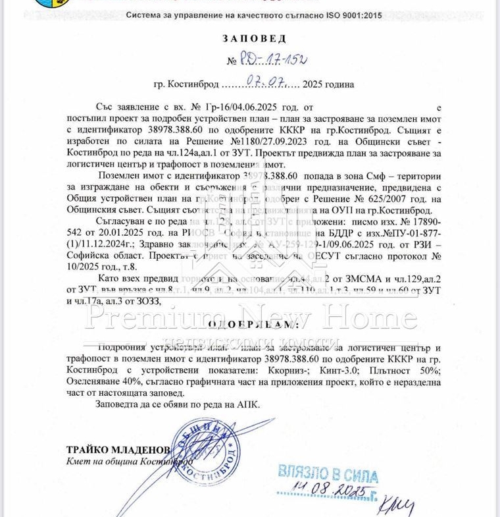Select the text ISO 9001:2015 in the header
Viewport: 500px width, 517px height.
click(x=353, y=14)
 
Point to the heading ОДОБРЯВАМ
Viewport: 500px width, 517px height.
click(x=249, y=324)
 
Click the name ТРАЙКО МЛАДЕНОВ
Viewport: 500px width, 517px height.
click(x=118, y=450)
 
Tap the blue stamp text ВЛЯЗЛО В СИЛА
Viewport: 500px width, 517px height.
click(x=328, y=474)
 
